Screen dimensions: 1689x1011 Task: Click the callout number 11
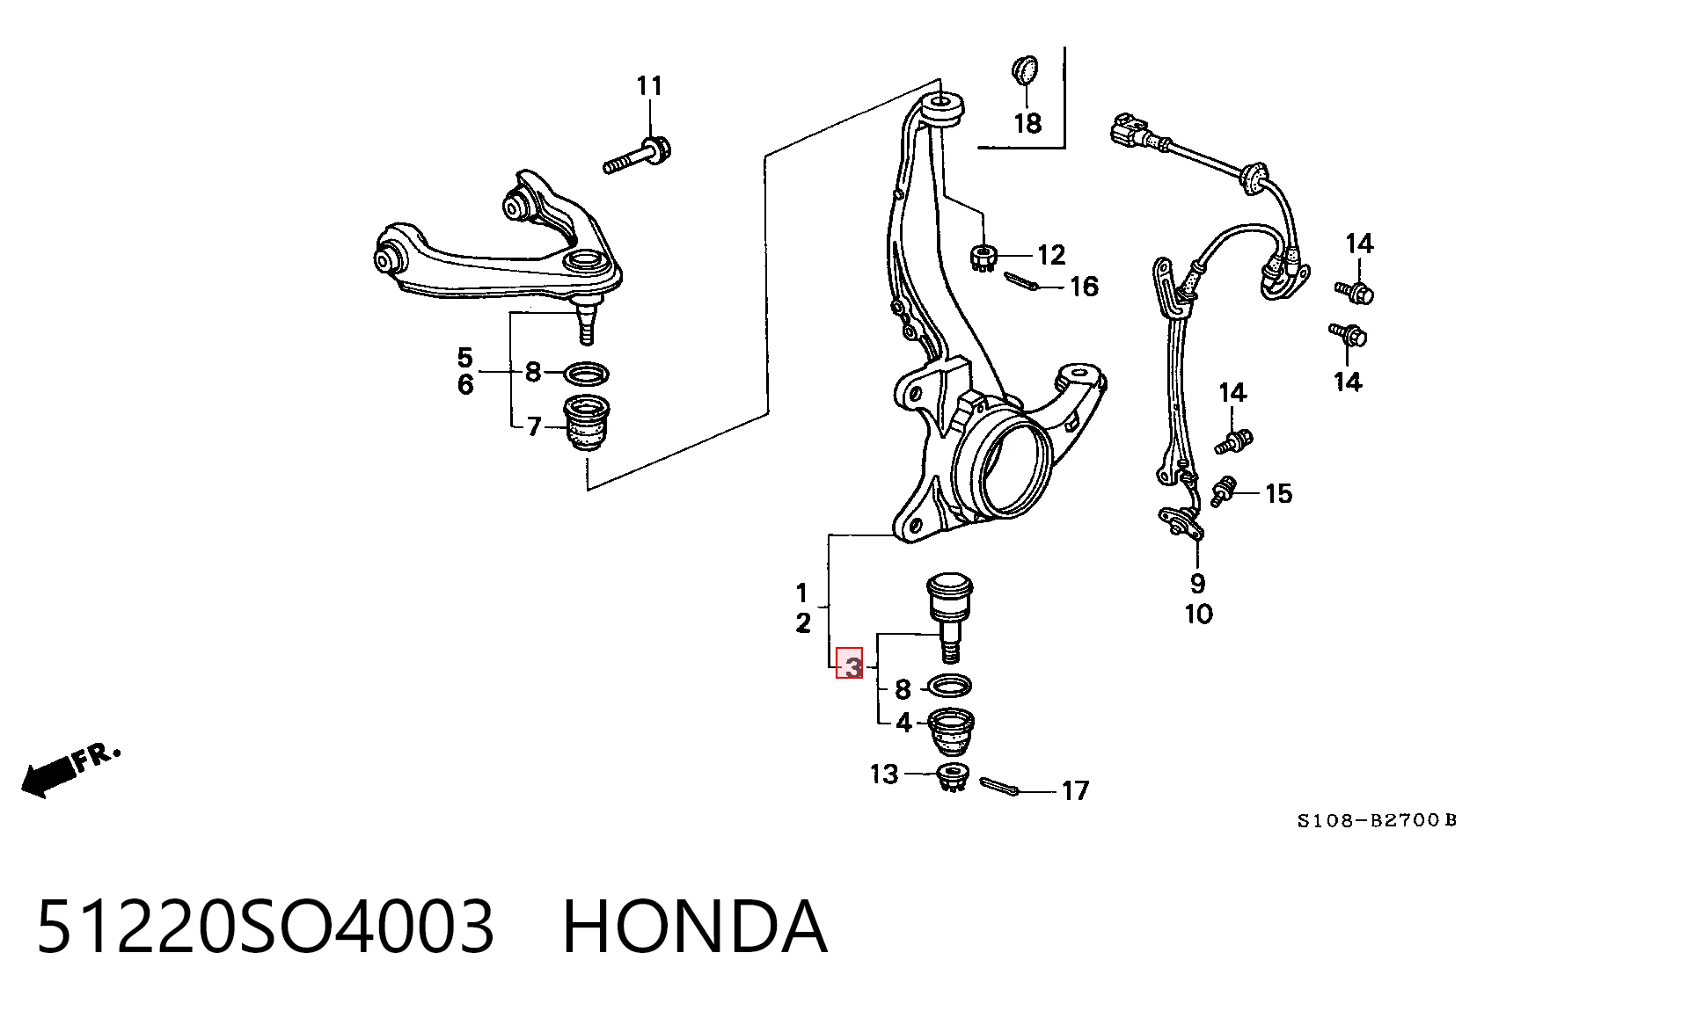point(649,86)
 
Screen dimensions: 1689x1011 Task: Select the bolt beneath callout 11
point(638,156)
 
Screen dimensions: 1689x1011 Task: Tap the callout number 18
point(1027,123)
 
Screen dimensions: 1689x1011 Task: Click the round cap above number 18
point(1025,69)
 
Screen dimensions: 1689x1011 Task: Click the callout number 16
point(1084,287)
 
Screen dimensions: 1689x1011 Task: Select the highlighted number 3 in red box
point(850,664)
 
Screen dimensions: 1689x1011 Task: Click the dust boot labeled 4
point(952,731)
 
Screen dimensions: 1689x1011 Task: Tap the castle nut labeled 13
point(954,778)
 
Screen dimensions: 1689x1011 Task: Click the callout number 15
point(1278,494)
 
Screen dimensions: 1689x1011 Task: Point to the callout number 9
point(1197,583)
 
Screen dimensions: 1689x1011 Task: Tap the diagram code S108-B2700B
point(1377,821)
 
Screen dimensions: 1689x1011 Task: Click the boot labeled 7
point(590,425)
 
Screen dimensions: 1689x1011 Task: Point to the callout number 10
point(1198,614)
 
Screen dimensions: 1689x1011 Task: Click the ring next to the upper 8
point(586,374)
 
